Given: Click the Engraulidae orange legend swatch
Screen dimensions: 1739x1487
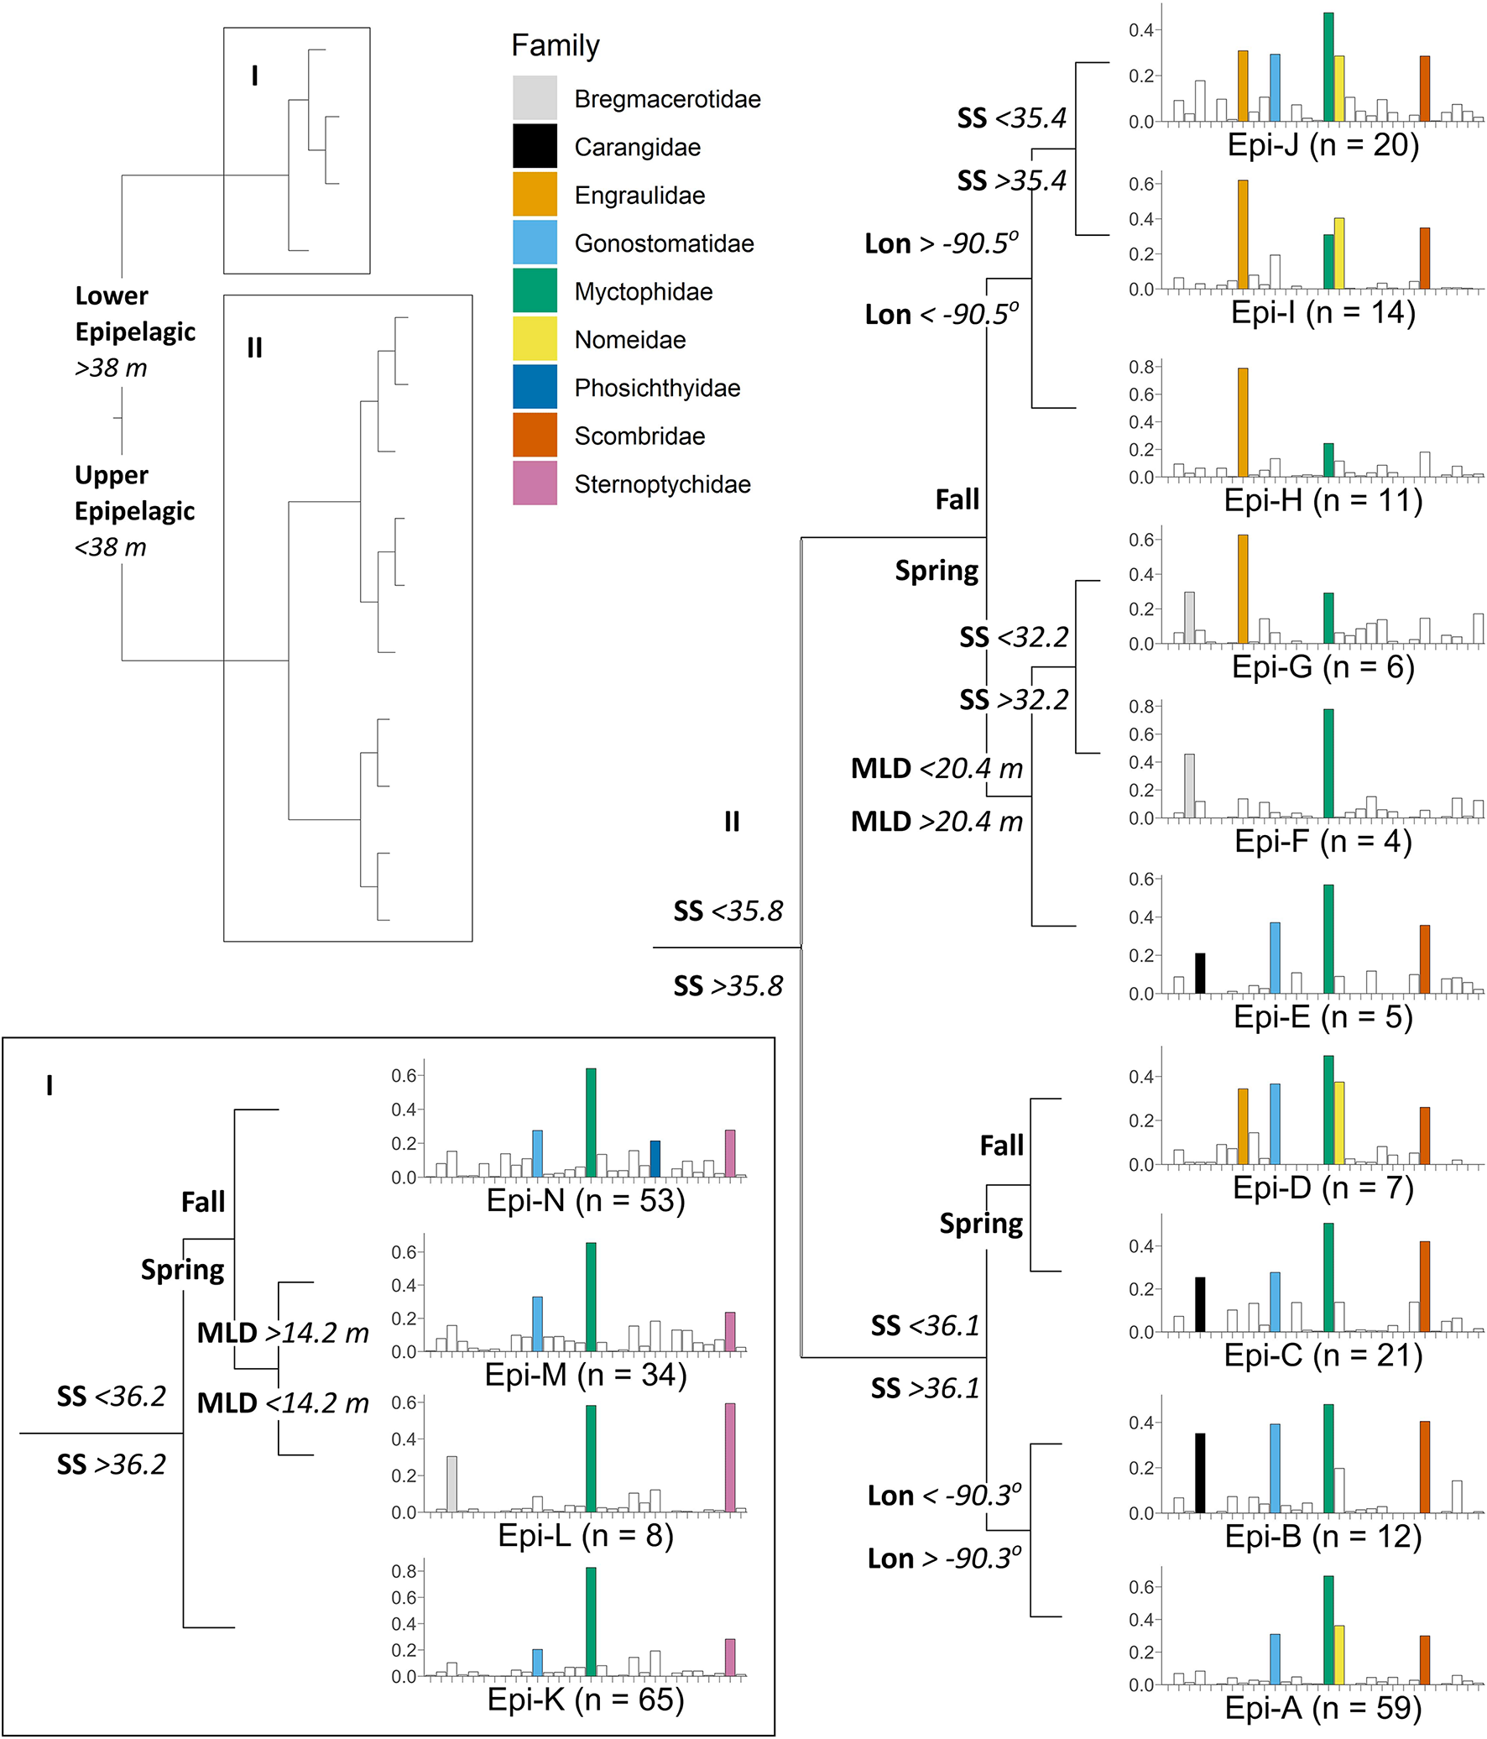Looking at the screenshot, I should point(535,195).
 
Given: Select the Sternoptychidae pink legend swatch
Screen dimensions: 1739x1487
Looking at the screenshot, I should point(535,483).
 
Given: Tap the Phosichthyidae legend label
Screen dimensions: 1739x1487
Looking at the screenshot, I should point(657,388).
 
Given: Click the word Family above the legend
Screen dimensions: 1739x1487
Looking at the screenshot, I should point(556,45).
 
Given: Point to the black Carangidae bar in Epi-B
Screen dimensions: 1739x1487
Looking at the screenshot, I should point(1200,1473).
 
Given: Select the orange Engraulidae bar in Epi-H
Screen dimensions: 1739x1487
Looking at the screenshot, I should point(1243,423).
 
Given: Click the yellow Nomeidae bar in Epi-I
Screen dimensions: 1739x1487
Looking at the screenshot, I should point(1339,253).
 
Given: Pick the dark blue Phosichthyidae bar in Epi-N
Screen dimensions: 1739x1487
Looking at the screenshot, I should point(655,1159).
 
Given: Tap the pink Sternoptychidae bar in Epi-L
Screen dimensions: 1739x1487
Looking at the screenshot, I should point(730,1458).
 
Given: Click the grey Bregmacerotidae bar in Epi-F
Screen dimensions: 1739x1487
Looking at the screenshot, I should point(1189,786).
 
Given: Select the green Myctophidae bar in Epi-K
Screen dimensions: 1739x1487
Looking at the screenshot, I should point(591,1621).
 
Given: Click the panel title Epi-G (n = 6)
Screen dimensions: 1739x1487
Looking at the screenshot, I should point(1323,667).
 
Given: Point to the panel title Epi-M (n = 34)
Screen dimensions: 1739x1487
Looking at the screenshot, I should point(586,1375).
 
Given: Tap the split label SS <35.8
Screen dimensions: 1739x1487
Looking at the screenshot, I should point(728,911).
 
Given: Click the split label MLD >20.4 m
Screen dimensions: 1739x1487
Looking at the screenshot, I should point(937,821).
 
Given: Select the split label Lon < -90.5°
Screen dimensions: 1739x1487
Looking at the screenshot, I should point(942,314).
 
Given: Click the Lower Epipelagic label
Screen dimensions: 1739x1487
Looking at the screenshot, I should point(134,314).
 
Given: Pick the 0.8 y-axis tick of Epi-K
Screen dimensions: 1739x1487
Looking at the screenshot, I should point(404,1571).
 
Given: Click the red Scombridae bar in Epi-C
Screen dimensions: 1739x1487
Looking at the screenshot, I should point(1425,1287).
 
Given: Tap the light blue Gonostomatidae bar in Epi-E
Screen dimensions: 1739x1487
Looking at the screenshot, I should point(1275,958).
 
